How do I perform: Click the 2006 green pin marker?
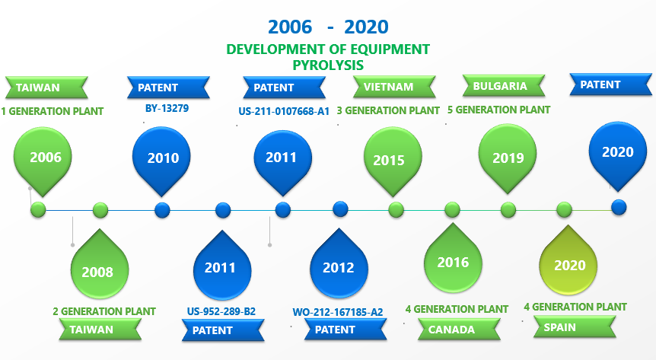(43, 159)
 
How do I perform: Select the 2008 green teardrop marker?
(100, 266)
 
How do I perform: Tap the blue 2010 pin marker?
(161, 159)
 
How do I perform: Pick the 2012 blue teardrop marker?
(339, 265)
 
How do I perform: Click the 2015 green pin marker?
(393, 160)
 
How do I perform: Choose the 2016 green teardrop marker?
(453, 260)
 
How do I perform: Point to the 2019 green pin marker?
(508, 157)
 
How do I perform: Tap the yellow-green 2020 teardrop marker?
(568, 262)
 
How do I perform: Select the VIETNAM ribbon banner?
(394, 87)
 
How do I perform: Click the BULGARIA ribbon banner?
(504, 85)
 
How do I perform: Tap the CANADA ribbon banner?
(460, 329)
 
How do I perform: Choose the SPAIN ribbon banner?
(575, 327)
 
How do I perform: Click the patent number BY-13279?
(167, 108)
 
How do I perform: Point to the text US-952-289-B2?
(221, 311)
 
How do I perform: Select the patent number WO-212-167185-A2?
(338, 312)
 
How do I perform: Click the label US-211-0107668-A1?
(284, 111)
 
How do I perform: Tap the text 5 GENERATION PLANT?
(498, 110)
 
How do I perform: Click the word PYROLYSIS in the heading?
(328, 65)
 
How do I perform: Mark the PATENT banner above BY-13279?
(168, 88)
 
